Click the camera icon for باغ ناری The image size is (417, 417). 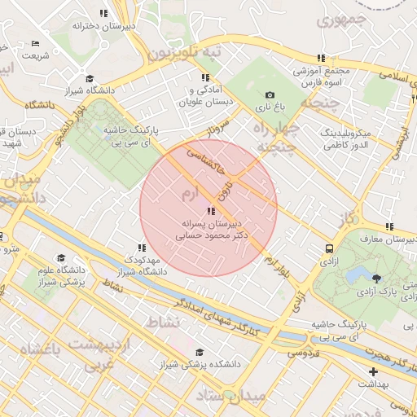[x=270, y=94]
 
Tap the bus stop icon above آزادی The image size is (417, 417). [x=328, y=249]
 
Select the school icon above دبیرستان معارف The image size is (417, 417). [x=389, y=226]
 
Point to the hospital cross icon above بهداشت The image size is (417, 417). [x=373, y=371]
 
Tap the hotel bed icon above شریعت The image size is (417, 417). [x=35, y=44]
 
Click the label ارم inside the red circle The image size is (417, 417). [x=189, y=194]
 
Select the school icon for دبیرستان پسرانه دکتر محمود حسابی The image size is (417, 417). [x=212, y=211]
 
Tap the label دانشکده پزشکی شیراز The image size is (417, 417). [x=203, y=365]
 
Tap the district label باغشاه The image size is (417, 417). [x=33, y=350]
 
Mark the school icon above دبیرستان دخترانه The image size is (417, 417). [x=103, y=13]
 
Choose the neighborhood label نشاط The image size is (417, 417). [x=163, y=323]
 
